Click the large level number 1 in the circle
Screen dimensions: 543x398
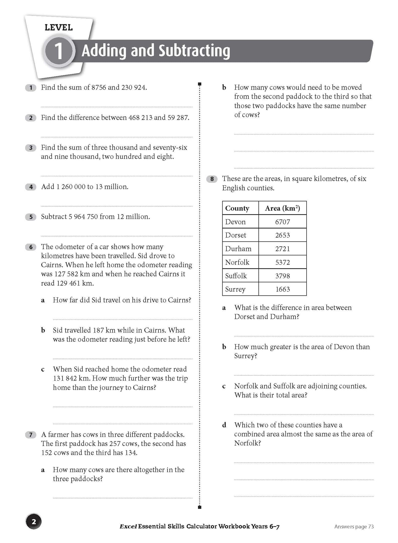coord(58,51)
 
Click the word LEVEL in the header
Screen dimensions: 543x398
coord(59,27)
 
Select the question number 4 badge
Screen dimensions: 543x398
coord(31,187)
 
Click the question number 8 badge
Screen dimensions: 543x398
coord(212,179)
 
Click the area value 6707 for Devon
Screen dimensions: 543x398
coord(282,222)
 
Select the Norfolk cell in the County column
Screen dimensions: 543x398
coord(237,262)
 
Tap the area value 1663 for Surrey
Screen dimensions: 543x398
coord(282,289)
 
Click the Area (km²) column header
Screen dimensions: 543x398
coord(282,208)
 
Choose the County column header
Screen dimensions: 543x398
coord(237,208)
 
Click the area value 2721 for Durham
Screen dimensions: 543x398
coord(282,249)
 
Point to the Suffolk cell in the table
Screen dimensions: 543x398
coord(236,276)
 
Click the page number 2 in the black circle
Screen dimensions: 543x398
coord(34,522)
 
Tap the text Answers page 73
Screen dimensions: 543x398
coord(354,527)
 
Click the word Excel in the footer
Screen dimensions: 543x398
coord(128,527)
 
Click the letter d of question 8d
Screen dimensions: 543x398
coord(224,425)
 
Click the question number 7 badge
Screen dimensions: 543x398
coord(31,435)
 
